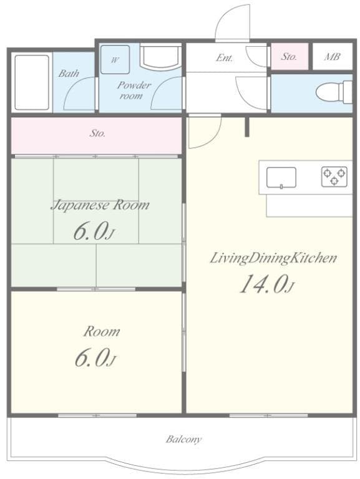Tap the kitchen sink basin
point(283,177)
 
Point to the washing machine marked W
point(115,60)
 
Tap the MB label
point(332,57)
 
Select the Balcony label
point(183,439)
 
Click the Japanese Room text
point(100,205)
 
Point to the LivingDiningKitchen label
point(273,258)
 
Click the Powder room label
point(134,91)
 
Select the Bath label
point(69,73)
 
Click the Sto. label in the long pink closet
point(97,133)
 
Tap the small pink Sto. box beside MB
point(289,57)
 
